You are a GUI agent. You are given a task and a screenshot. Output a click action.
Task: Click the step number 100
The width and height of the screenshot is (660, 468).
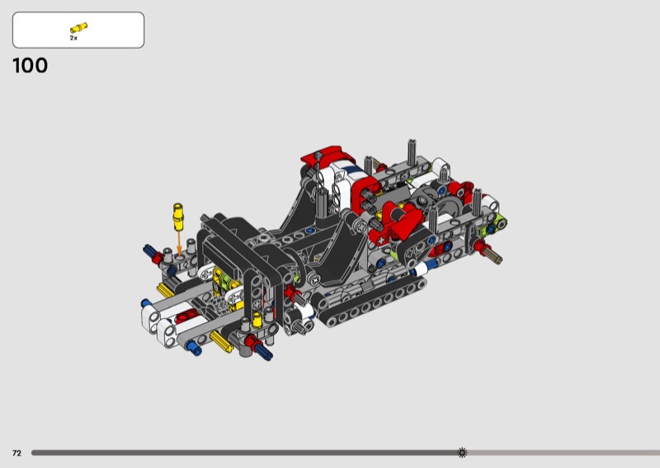[30, 66]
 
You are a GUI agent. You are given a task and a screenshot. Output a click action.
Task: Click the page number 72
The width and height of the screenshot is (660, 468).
[16, 453]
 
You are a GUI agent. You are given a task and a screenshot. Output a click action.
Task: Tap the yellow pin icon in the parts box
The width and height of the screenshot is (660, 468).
[78, 28]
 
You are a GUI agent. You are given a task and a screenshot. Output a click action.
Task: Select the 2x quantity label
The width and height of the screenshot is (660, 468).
[73, 38]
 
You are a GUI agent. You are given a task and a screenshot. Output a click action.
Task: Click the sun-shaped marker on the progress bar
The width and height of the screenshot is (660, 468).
[462, 452]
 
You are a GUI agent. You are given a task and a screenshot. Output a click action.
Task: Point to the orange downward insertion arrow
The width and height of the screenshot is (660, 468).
[179, 244]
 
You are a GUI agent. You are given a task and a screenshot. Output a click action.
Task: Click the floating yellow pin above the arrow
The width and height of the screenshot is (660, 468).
[178, 217]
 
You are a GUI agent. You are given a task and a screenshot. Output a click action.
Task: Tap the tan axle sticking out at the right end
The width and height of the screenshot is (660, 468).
[492, 254]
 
